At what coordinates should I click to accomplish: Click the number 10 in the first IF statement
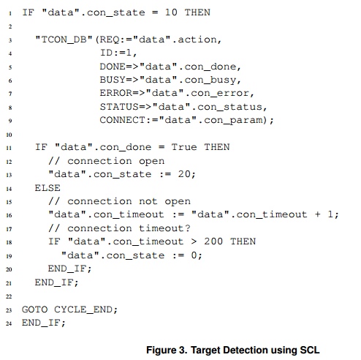point(171,12)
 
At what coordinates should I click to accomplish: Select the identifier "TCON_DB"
point(64,40)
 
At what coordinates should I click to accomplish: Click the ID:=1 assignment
point(118,53)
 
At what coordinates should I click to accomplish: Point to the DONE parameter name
point(113,67)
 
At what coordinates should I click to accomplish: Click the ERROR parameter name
point(116,93)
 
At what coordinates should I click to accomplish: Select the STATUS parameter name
point(119,107)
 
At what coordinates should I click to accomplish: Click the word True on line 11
point(184,147)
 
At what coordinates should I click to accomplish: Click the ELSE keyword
point(47,188)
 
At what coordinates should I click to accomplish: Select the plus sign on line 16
point(318,214)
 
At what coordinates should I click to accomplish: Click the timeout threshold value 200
point(213,241)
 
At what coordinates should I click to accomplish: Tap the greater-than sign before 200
point(194,241)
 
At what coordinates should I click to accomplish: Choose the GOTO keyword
point(34,310)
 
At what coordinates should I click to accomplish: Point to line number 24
point(9,323)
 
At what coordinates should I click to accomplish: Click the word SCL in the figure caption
point(310,350)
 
